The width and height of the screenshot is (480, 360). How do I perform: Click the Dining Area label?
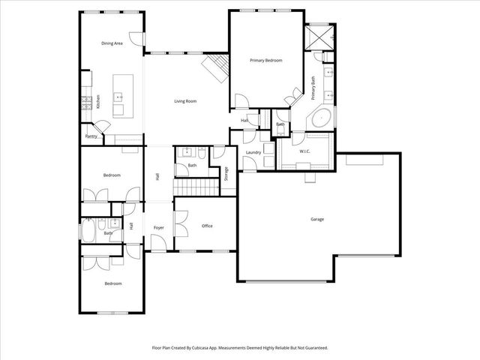coord(112,43)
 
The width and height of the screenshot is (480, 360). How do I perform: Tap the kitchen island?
coord(122,94)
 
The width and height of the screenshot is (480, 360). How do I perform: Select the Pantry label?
coord(91,136)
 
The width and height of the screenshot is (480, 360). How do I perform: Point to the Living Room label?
coord(185,100)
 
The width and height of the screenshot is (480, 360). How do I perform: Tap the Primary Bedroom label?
coord(265,60)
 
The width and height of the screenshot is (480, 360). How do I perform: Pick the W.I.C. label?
coord(304,151)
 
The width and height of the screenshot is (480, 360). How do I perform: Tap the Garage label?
coord(317,219)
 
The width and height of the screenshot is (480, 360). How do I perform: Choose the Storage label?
coord(226,174)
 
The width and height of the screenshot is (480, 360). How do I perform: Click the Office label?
coord(208,225)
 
